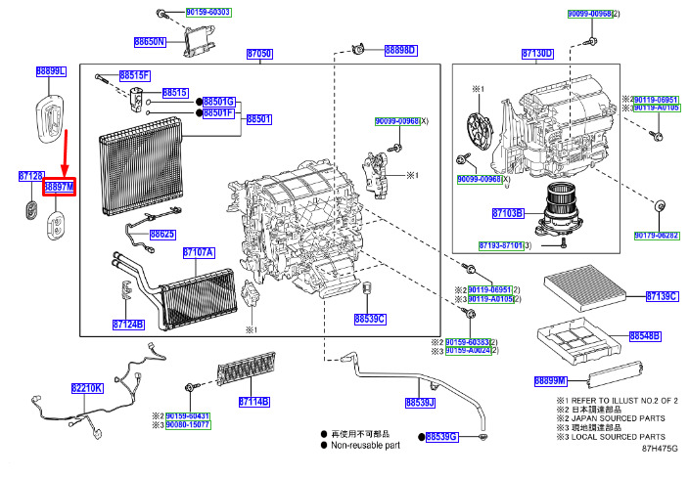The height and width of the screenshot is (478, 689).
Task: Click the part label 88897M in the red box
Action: coord(60,185)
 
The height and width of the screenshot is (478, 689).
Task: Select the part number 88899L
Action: coord(51,71)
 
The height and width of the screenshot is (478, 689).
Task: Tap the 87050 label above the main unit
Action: coord(259,54)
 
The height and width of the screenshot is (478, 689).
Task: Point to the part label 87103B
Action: coord(507,212)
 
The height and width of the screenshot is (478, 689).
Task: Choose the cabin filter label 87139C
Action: coord(662,296)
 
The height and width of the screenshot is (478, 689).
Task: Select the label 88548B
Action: coord(644,335)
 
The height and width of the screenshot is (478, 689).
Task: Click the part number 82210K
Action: coord(86,388)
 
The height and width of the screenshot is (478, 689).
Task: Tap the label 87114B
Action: coord(253,402)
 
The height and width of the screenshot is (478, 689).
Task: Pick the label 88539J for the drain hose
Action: coord(420,402)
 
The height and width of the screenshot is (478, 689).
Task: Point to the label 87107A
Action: coord(199,253)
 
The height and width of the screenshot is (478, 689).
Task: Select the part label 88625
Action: coord(162,235)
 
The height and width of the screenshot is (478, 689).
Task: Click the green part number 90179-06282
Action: coord(656,236)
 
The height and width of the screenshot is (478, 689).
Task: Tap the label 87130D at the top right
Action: coord(537,53)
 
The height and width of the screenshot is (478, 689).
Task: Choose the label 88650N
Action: coord(150,43)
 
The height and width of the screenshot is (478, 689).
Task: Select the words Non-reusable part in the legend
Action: coord(366,446)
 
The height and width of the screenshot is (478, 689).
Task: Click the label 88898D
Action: coord(400,50)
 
